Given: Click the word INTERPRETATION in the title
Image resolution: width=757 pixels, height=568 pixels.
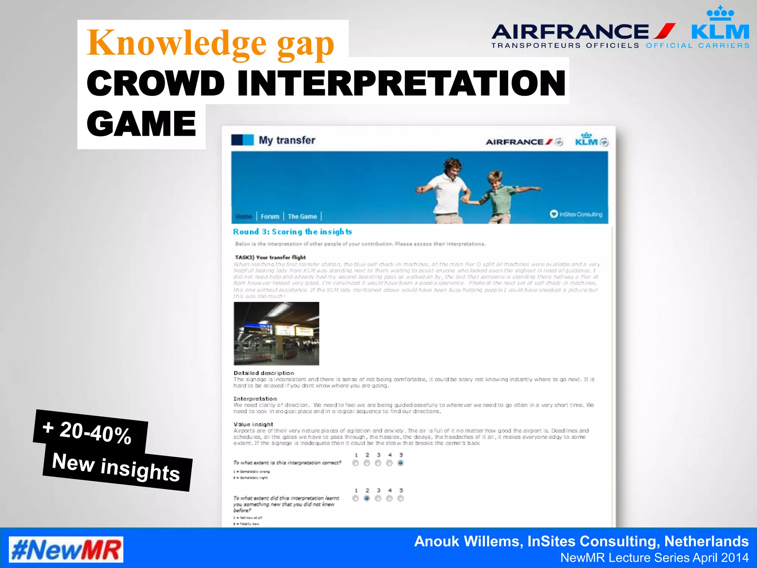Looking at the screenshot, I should click(401, 83).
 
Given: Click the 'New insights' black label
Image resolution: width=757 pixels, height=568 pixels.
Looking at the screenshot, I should click(116, 467).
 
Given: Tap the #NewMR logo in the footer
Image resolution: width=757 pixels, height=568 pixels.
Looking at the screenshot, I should click(66, 550).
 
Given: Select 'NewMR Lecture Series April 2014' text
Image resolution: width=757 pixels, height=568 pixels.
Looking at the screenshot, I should click(654, 558).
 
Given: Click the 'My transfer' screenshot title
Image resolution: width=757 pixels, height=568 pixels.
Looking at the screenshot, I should click(287, 140).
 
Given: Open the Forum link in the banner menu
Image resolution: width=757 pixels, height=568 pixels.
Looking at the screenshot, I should click(270, 217).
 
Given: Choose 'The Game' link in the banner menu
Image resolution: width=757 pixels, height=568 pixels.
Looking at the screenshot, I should click(302, 217).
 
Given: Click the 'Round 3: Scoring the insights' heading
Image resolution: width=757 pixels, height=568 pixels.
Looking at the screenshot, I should click(292, 232).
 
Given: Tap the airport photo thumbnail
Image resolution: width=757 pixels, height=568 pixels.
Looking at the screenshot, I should click(276, 334).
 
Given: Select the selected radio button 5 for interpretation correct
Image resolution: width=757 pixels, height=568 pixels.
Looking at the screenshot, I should click(401, 463).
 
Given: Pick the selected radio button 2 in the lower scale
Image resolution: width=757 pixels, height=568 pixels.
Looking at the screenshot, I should click(367, 498).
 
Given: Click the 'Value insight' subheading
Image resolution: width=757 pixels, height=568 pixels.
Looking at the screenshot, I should click(253, 424).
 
